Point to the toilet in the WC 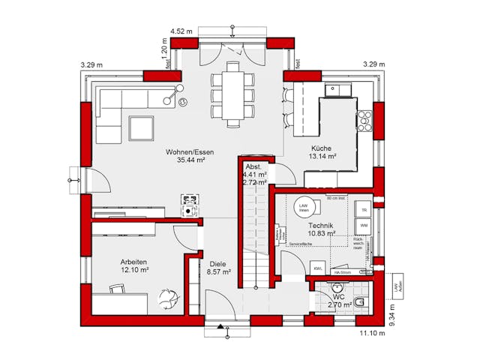pyautogui.click(x=360, y=301)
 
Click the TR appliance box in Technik pyautogui.click(x=363, y=209)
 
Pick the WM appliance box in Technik pyautogui.click(x=363, y=225)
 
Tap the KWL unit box pyautogui.click(x=318, y=268)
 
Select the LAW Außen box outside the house pyautogui.click(x=396, y=289)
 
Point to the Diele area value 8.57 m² pyautogui.click(x=219, y=272)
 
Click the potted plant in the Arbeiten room pyautogui.click(x=169, y=298)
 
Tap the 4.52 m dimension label pyautogui.click(x=181, y=31)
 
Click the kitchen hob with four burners pyautogui.click(x=364, y=118)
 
